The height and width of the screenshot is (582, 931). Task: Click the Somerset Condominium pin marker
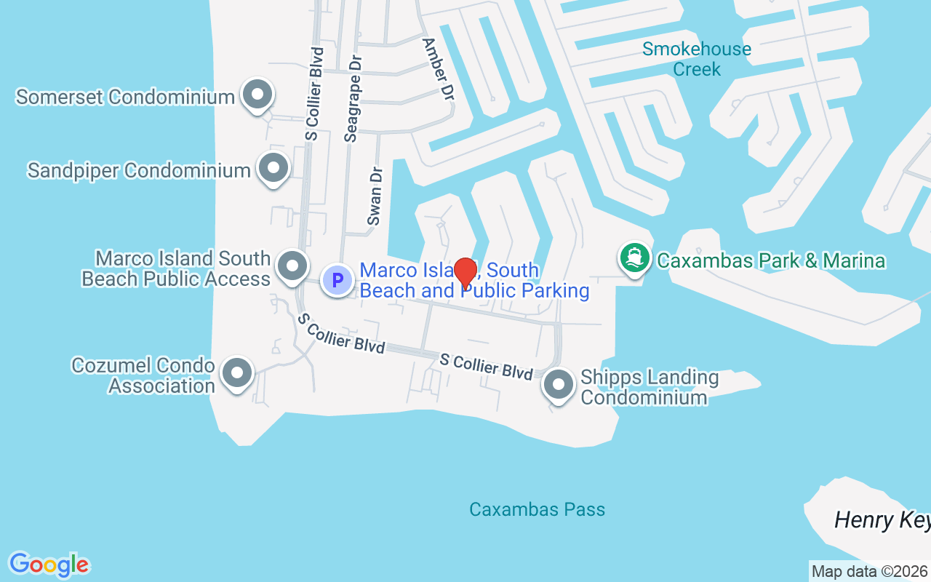point(257,95)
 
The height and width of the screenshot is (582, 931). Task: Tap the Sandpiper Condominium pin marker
point(273,169)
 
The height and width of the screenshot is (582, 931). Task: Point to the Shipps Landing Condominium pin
point(559,385)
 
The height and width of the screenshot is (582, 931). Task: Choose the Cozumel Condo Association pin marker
point(236,373)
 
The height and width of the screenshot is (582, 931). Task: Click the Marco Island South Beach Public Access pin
point(293,266)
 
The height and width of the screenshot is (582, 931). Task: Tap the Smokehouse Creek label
point(697,59)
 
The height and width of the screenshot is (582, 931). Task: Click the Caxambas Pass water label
point(537,509)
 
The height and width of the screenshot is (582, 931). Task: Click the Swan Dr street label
point(375,197)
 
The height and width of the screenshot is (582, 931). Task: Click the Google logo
point(49,565)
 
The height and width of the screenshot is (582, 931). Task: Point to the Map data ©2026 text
point(869,572)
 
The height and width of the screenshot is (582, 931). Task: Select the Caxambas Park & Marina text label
point(771,260)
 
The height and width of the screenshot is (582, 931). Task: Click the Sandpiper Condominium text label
point(139,171)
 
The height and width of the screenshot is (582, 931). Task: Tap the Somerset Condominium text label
point(125,97)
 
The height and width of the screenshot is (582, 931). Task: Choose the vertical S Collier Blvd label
point(314,93)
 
